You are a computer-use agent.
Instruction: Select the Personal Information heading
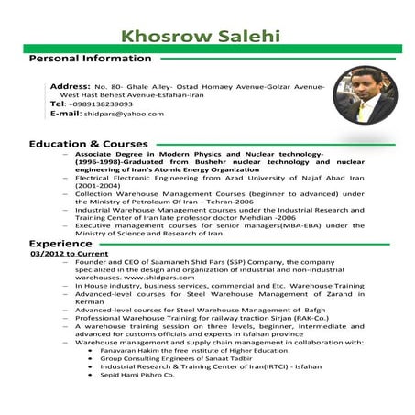click(91, 59)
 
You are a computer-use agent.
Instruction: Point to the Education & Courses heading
click(88, 145)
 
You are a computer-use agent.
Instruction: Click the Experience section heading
click(60, 244)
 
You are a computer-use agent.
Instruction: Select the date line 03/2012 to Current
click(68, 254)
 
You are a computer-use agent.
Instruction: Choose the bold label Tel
click(57, 104)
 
